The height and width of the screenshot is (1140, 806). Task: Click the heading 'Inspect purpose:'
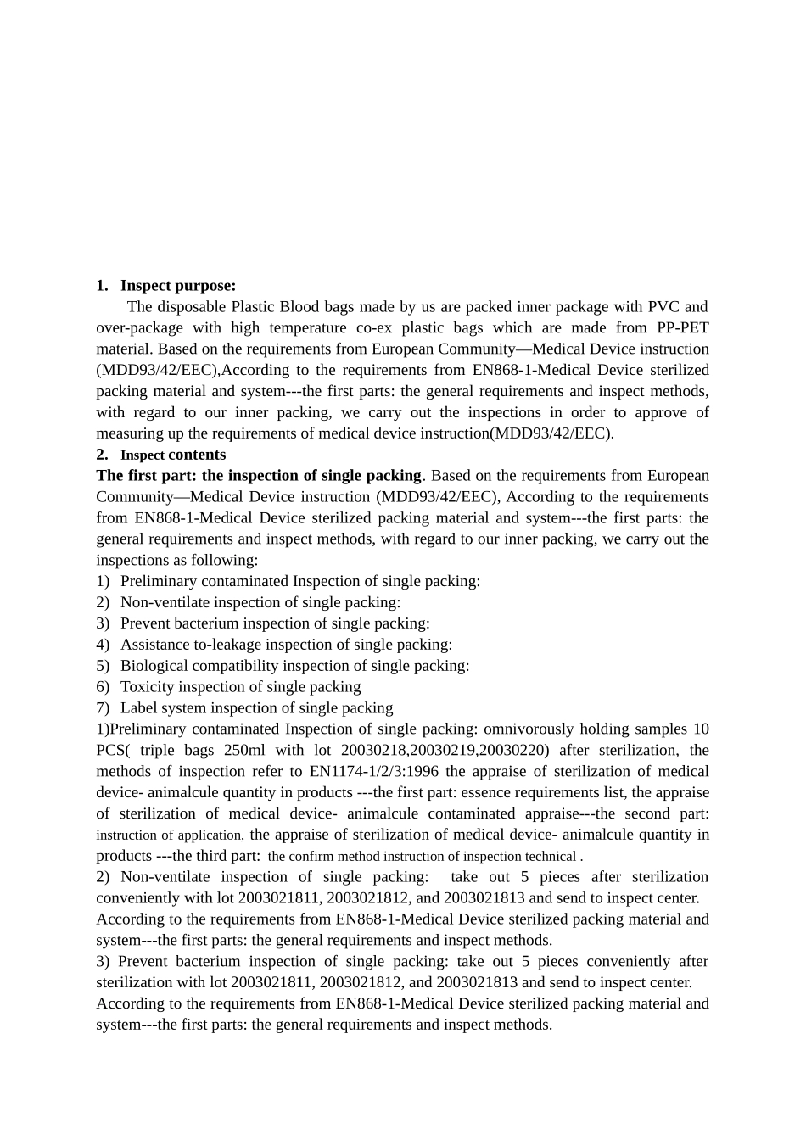(178, 286)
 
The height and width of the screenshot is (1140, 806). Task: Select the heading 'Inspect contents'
(173, 455)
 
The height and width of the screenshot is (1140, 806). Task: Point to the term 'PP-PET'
(683, 328)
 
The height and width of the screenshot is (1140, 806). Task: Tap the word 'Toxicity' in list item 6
(148, 687)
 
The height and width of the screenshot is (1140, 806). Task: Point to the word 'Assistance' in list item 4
(156, 645)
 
